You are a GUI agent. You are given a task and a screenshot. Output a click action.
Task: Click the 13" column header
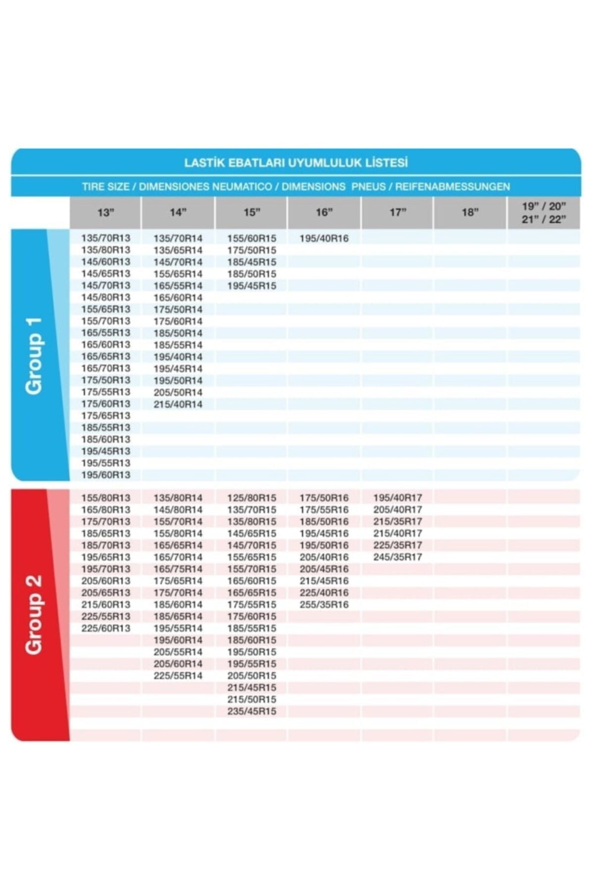[x=105, y=212]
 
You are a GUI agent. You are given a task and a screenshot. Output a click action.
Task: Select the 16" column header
[x=324, y=212]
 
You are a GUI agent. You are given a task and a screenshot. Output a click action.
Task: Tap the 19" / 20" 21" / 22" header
[x=544, y=212]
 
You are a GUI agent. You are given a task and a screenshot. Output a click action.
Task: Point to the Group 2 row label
[x=34, y=614]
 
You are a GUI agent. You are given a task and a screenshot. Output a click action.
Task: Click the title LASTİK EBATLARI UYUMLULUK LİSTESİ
[x=296, y=162]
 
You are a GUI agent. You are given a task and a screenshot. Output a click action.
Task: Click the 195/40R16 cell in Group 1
[x=324, y=238]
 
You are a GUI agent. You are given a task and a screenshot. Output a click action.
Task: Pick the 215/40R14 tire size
[x=178, y=404]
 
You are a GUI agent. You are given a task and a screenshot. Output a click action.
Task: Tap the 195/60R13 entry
[x=105, y=475]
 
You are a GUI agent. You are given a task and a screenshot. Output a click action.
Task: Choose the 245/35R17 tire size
[x=397, y=557]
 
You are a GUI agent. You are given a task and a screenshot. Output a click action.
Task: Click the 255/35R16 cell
[x=324, y=604]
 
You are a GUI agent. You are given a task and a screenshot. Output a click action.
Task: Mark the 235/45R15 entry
[x=251, y=711]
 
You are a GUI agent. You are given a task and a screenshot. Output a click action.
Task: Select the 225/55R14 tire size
[x=178, y=676]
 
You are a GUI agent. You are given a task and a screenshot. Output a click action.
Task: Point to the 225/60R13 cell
[x=105, y=628]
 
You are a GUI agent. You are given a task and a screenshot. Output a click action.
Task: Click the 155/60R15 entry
[x=251, y=238]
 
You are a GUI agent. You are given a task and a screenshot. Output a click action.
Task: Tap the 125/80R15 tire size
[x=251, y=497]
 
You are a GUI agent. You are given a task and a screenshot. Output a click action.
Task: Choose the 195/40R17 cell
[x=397, y=497]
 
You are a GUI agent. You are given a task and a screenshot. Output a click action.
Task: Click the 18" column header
[x=470, y=212]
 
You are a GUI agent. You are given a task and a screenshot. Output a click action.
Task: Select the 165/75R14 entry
[x=178, y=569]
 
